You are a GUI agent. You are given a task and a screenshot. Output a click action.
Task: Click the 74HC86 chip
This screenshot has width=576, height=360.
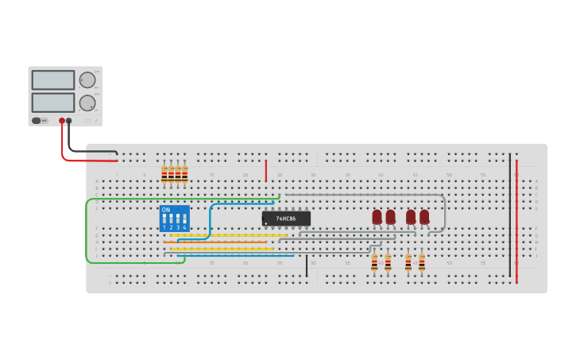pyautogui.click(x=286, y=219)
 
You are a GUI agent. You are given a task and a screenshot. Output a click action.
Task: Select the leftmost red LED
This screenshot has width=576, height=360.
pyautogui.click(x=377, y=216)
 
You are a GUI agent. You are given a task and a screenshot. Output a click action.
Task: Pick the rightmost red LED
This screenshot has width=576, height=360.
pyautogui.click(x=424, y=216)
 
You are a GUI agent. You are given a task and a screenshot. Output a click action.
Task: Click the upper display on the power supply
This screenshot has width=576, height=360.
pyautogui.click(x=53, y=79)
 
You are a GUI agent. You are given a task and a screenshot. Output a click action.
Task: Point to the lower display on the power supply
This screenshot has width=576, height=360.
pyautogui.click(x=53, y=103)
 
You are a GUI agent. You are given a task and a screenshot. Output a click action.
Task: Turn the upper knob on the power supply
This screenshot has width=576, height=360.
pyautogui.click(x=87, y=79)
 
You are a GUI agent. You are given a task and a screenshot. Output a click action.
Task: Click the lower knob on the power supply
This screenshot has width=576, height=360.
pyautogui.click(x=87, y=103)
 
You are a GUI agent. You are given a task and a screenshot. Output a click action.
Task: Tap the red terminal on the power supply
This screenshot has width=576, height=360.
pyautogui.click(x=62, y=121)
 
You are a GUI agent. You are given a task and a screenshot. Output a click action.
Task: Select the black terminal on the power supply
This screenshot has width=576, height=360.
pyautogui.click(x=69, y=121)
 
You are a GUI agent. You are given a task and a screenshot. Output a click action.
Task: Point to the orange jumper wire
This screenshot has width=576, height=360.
pyautogui.click(x=218, y=242)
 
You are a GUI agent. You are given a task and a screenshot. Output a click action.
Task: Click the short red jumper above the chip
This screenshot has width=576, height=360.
pyautogui.click(x=266, y=169)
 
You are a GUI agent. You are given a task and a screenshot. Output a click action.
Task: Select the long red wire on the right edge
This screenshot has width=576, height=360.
pyautogui.click(x=516, y=223)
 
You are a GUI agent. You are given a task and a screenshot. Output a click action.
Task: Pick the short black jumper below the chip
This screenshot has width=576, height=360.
pyautogui.click(x=307, y=266)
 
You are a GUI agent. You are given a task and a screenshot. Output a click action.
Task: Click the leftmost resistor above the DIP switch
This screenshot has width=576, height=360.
pyautogui.click(x=164, y=174)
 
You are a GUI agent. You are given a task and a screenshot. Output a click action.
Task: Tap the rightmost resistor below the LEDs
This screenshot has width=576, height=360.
pyautogui.click(x=422, y=263)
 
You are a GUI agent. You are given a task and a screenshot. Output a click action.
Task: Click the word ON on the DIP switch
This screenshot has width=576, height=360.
pyautogui.click(x=165, y=210)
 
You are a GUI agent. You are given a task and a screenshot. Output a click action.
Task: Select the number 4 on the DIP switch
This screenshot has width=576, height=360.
pyautogui.click(x=185, y=228)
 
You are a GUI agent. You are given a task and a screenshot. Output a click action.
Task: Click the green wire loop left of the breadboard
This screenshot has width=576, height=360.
pyautogui.click(x=87, y=230)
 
